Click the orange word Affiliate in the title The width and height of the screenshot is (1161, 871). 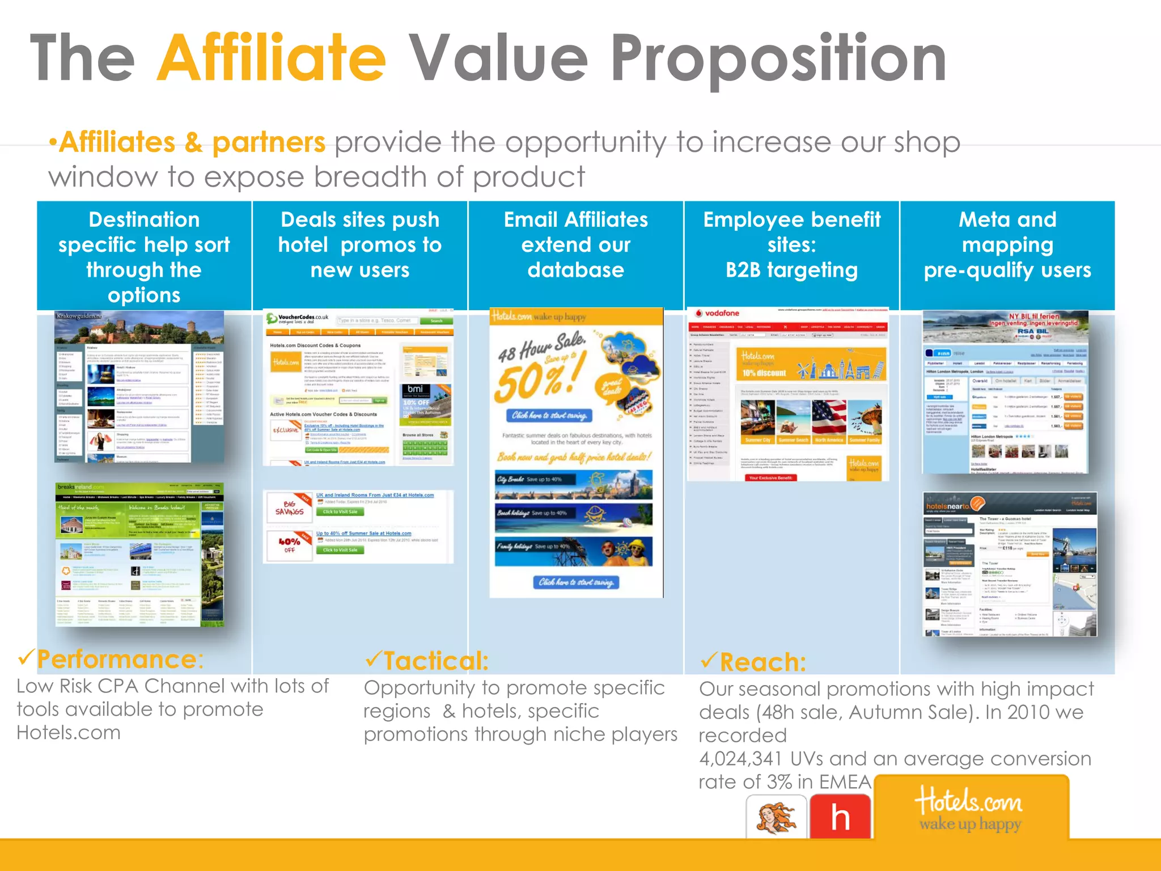point(272,58)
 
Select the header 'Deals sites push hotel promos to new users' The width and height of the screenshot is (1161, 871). point(360,245)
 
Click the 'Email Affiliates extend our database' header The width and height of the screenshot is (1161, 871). point(575,245)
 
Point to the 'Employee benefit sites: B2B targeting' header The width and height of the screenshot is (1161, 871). point(791,245)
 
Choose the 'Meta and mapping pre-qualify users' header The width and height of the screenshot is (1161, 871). point(1007,245)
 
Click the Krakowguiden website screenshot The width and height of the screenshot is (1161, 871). point(139,387)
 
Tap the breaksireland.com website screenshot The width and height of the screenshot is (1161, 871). point(139,555)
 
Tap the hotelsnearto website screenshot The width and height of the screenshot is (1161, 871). point(1010,564)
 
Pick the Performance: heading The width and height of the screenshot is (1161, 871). point(120,659)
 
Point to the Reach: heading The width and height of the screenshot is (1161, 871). point(762,662)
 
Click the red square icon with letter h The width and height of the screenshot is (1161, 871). point(840,817)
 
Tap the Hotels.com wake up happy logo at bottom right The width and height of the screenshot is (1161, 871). point(971,809)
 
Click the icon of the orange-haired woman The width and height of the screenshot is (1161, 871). point(776,817)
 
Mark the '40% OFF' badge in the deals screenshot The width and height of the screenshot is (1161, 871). point(289,545)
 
